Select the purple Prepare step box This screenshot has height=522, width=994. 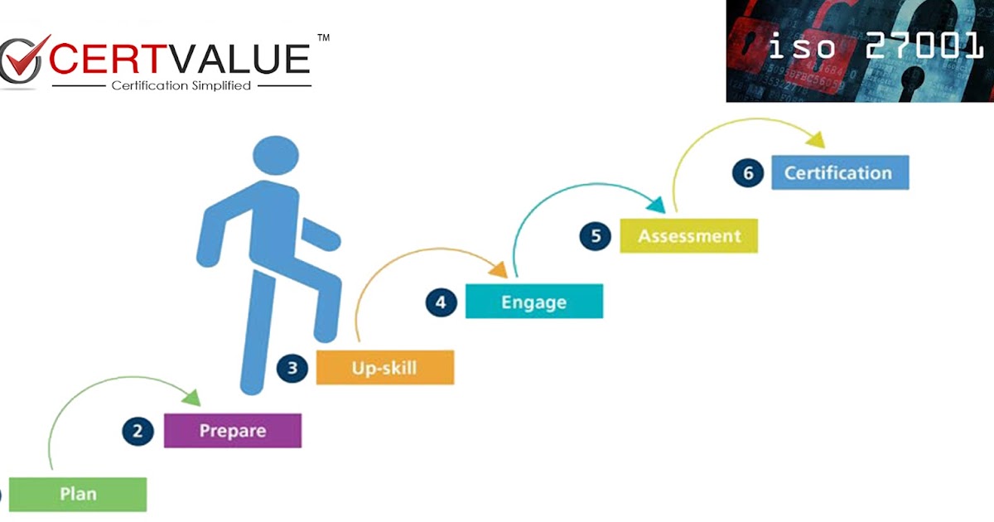(x=233, y=431)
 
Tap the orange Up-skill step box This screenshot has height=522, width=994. (x=384, y=367)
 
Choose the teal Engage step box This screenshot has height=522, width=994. (x=533, y=302)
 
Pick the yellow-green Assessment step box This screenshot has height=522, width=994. (x=688, y=236)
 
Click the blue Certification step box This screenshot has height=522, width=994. (x=839, y=172)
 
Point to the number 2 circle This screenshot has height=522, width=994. (x=138, y=431)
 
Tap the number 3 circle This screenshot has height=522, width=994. (x=292, y=367)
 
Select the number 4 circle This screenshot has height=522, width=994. (x=442, y=302)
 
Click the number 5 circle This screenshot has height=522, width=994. (x=596, y=236)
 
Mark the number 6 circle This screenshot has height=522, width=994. (x=748, y=173)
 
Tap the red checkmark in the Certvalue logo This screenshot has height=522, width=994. (x=29, y=58)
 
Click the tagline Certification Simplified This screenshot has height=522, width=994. (x=181, y=85)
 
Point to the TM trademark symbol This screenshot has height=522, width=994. (x=323, y=38)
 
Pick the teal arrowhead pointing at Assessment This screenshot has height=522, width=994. (x=655, y=204)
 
